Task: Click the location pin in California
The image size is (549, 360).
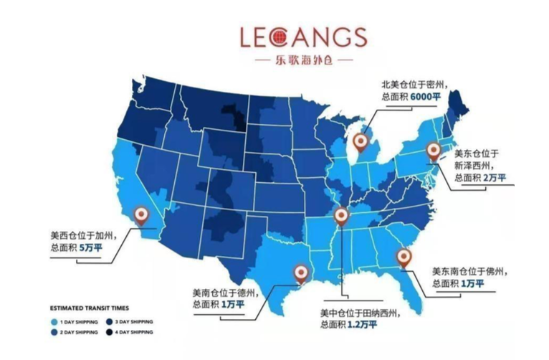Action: tap(143, 215)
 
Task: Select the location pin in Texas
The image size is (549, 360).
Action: tap(301, 273)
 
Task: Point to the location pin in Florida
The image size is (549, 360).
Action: tap(405, 257)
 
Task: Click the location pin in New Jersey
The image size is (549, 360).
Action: tap(433, 151)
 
